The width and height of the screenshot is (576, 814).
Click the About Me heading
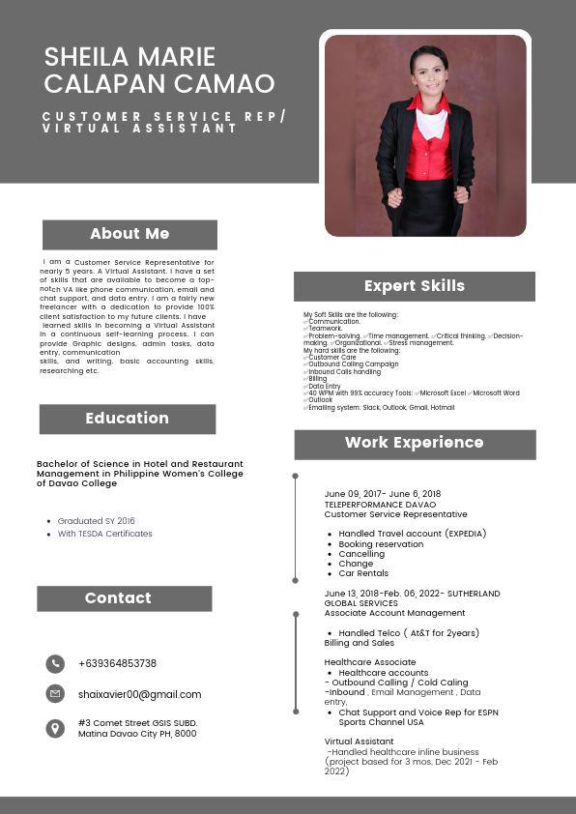coord(130,234)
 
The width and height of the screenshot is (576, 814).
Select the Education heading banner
coord(127,419)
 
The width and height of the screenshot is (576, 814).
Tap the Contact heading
coord(118,598)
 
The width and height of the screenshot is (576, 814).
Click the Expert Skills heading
coord(414,286)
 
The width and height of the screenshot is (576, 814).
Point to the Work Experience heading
coord(414,443)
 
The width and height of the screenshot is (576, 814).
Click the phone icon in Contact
coord(55,663)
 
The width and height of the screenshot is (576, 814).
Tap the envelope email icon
coord(55,694)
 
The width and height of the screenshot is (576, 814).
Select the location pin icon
coord(55,728)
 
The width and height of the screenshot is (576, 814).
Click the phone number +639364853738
coord(117,663)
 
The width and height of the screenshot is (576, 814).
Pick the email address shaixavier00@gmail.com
coord(140,694)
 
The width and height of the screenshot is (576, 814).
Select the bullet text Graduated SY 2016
coord(97,521)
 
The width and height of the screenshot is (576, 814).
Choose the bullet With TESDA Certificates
coord(104,534)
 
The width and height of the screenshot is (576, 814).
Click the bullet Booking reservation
coord(381,544)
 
